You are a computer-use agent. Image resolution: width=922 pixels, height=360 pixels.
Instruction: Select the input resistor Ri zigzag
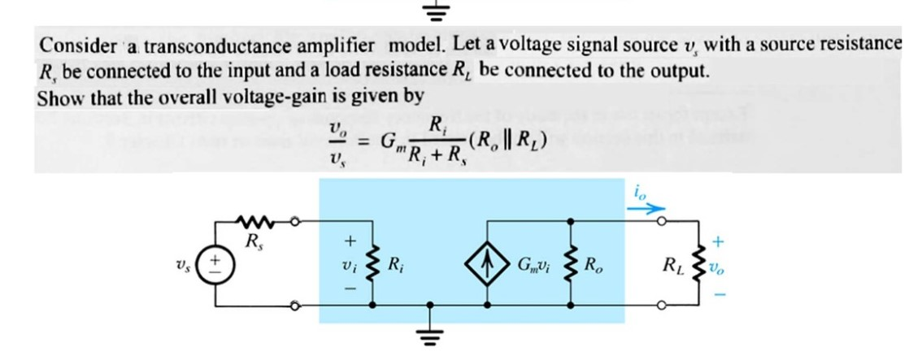(x=373, y=264)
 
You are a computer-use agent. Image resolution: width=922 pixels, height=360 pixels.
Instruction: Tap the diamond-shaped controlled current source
(x=488, y=265)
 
